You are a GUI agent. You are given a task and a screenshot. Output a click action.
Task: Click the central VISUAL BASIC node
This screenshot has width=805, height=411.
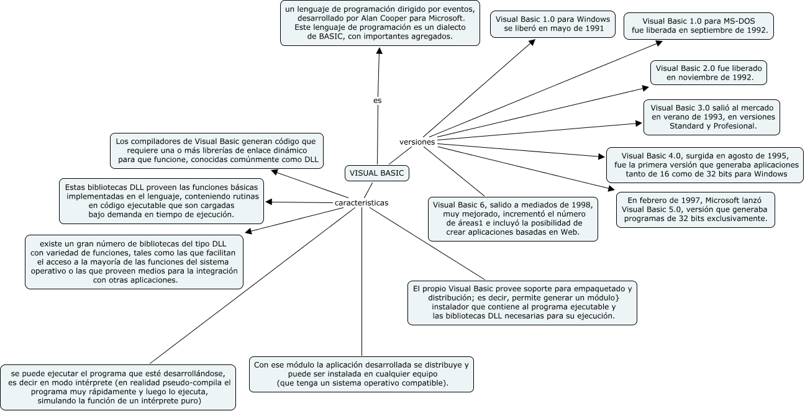pos(377,174)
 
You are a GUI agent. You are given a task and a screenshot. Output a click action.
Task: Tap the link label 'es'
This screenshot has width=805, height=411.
pos(377,100)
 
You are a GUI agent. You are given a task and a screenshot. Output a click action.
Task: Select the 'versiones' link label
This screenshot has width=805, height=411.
pos(417,142)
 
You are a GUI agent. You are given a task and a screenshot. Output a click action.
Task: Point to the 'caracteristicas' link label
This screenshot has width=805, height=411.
pos(362,203)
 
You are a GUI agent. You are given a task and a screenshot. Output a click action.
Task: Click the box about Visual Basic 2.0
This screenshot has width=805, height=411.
pos(709,73)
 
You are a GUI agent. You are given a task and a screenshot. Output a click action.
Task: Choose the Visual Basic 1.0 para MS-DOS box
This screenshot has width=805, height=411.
pos(699,25)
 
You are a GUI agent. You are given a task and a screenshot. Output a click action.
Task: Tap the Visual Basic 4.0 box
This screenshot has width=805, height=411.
pos(704,165)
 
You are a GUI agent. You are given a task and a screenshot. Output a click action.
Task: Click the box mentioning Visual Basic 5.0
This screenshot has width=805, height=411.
pos(696,210)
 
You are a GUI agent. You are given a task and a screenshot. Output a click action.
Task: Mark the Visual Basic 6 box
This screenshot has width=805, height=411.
pos(513,219)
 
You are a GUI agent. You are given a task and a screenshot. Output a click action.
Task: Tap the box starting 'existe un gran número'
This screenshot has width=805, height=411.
pos(135,262)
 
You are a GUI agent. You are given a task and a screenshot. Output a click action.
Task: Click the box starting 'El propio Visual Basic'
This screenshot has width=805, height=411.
pos(522,302)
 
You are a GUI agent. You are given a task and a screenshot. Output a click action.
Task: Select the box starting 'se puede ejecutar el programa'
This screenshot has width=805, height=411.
pos(119,387)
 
